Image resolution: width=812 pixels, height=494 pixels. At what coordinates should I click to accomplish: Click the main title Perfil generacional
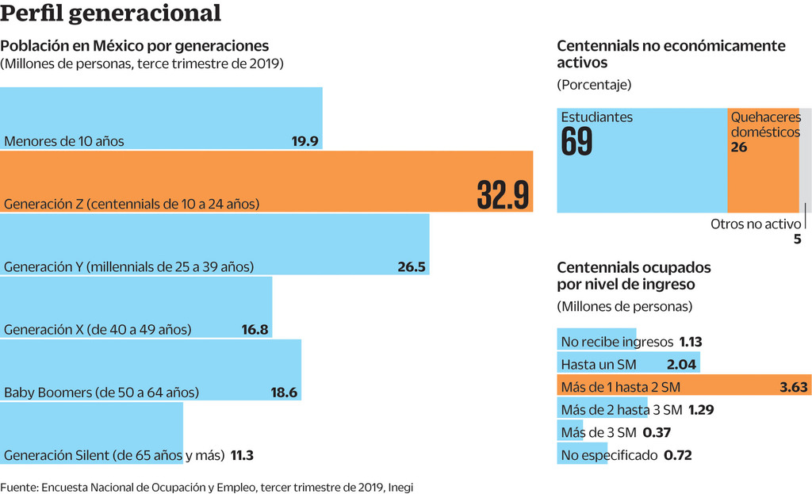tap(111, 13)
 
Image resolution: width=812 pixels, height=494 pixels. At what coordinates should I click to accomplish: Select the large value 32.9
tap(503, 194)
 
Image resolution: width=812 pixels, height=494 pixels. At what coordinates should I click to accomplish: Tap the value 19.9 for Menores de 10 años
tap(304, 142)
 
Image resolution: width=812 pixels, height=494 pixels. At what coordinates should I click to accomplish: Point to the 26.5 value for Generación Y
tap(412, 267)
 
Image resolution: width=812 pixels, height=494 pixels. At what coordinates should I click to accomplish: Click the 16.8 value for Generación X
tap(255, 330)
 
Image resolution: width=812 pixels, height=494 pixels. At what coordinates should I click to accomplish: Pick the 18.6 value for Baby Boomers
tap(283, 393)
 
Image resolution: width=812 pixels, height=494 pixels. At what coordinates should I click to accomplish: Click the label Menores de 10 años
tap(64, 142)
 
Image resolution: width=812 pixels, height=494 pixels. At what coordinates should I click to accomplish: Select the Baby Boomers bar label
tap(101, 393)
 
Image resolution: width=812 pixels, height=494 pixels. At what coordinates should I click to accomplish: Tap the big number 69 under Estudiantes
tap(576, 142)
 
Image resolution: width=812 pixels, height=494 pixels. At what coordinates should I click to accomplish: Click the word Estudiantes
tap(597, 117)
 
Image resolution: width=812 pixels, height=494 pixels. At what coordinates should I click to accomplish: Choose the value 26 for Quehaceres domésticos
tap(739, 147)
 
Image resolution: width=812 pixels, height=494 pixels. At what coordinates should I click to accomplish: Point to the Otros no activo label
tap(756, 224)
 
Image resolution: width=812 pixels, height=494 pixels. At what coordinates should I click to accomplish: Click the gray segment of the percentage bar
tap(805, 159)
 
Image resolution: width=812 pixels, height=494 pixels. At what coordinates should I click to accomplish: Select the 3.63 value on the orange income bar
tap(794, 387)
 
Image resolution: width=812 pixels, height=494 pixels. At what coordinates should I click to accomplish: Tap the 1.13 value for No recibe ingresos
tap(691, 343)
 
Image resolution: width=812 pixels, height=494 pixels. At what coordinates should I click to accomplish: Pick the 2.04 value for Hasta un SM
tap(682, 365)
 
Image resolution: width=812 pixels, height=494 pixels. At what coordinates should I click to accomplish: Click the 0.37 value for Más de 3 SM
tap(657, 432)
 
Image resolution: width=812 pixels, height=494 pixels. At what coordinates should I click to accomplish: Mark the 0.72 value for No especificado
tap(678, 455)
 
